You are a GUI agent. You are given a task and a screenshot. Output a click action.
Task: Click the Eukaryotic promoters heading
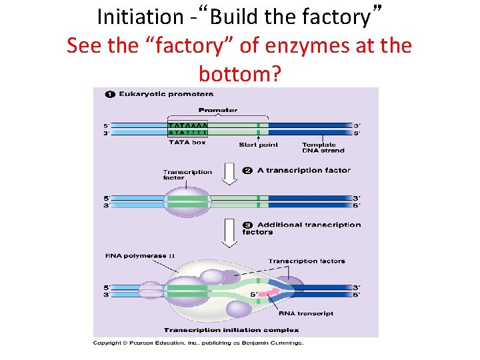click(166, 94)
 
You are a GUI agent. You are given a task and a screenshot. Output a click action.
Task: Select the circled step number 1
click(111, 94)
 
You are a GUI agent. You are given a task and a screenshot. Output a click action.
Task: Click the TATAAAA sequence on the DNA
click(187, 125)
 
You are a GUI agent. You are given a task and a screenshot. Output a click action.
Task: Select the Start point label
click(258, 144)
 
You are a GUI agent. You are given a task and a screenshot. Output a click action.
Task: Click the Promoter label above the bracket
click(217, 110)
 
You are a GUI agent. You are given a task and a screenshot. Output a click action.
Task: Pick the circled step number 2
click(247, 170)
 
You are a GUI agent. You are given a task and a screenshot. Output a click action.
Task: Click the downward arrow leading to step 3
click(229, 232)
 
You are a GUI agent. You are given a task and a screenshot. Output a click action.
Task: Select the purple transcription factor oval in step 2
click(187, 201)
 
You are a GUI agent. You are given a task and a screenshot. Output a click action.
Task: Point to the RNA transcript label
click(306, 313)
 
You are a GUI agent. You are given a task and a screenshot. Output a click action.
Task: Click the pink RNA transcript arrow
click(268, 291)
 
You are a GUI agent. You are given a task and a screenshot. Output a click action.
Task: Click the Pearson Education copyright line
click(198, 343)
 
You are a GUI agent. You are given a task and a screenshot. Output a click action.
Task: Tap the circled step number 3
click(247, 225)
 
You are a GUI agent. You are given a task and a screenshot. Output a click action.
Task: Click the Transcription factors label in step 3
click(306, 261)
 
